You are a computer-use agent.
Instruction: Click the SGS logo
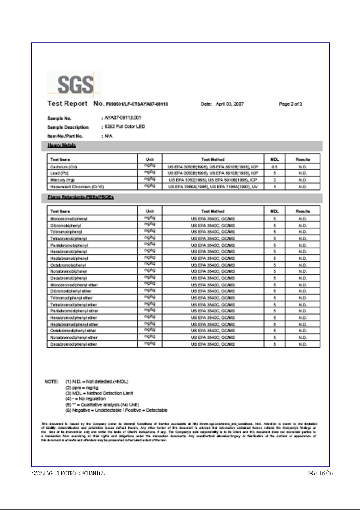click(x=74, y=84)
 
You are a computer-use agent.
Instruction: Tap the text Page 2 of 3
click(x=291, y=104)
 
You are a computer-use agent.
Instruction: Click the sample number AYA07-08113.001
click(x=122, y=118)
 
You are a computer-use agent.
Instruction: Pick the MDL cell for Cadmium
click(x=274, y=166)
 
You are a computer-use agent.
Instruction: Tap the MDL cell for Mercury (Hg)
click(x=274, y=179)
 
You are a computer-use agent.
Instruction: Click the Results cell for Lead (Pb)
click(x=303, y=173)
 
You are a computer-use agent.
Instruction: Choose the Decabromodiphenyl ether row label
click(x=74, y=344)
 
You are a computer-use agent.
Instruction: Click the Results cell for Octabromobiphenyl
click(x=303, y=265)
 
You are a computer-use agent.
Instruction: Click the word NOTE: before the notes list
click(x=51, y=381)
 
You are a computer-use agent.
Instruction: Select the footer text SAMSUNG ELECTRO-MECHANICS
click(x=68, y=473)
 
